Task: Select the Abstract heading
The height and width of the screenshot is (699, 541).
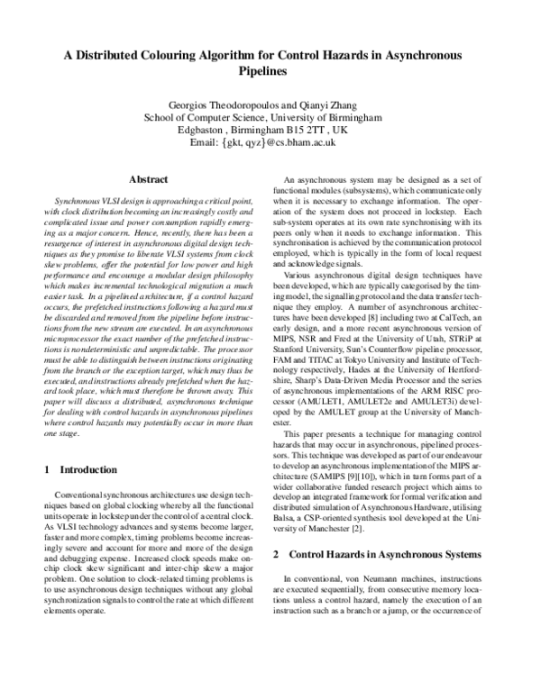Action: (x=151, y=180)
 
